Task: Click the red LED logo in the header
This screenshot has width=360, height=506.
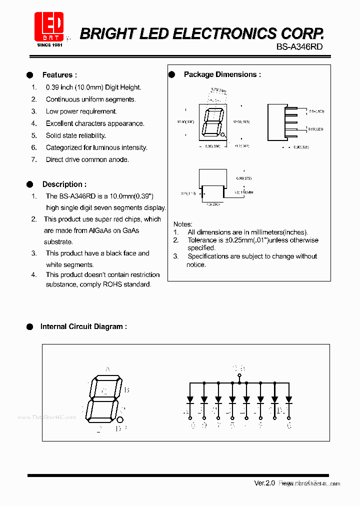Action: [x=48, y=27]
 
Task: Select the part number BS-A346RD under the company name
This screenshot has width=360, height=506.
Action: [x=299, y=46]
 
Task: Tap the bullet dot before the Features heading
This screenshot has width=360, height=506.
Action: [x=30, y=75]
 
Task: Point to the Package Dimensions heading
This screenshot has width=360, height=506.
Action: [x=222, y=74]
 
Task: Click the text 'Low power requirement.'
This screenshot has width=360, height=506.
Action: [x=81, y=111]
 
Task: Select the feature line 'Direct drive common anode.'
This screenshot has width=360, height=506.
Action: [x=87, y=159]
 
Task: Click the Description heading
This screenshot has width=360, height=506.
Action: [x=64, y=184]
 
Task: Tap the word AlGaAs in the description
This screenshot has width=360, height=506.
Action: [x=101, y=230]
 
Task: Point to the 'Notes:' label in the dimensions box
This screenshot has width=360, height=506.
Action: [x=182, y=224]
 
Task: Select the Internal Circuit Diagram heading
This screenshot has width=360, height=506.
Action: [x=83, y=326]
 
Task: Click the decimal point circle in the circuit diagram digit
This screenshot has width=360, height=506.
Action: [x=120, y=419]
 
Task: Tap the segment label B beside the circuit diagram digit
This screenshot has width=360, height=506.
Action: [x=127, y=390]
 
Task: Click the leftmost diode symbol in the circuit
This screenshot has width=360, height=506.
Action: [x=190, y=400]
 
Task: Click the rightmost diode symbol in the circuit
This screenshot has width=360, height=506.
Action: [x=288, y=400]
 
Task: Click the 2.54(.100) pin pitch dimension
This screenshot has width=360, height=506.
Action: [x=316, y=111]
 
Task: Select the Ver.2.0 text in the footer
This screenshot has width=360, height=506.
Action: [x=264, y=483]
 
